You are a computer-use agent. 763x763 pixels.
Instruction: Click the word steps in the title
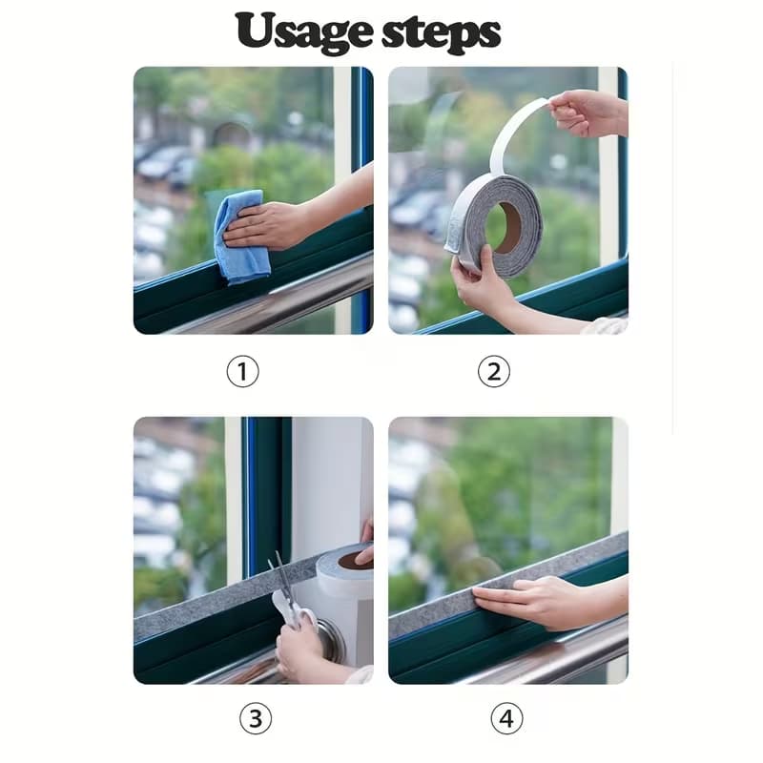(x=441, y=34)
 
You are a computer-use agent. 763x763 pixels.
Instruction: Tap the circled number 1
(x=242, y=372)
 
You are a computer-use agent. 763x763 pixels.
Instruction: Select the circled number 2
(x=493, y=372)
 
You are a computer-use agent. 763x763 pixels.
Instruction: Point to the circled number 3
(x=256, y=719)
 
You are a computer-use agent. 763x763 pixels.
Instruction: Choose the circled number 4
(x=506, y=719)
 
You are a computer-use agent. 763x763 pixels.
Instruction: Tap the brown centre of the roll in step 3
(x=354, y=560)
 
